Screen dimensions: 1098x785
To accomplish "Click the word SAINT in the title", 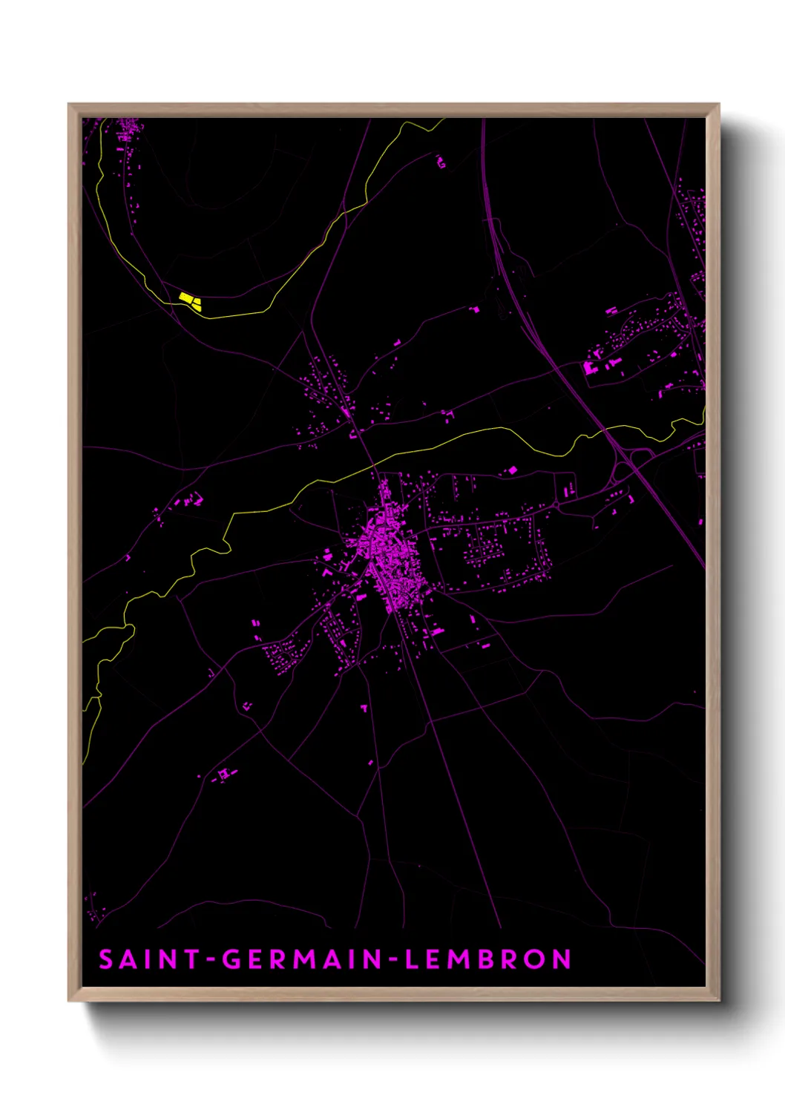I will click(x=151, y=959).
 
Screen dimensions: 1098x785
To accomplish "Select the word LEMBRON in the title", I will click(x=488, y=959).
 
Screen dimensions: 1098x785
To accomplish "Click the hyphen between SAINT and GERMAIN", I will click(x=211, y=961).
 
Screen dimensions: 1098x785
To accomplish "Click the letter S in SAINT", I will click(x=106, y=959).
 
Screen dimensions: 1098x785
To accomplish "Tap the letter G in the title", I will click(x=232, y=959).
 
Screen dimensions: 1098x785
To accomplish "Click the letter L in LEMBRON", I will click(x=412, y=959).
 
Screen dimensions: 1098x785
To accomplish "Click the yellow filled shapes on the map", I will click(x=190, y=300).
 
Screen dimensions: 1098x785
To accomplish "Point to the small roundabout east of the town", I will click(x=556, y=505).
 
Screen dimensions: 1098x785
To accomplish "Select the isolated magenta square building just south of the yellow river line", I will click(x=510, y=470).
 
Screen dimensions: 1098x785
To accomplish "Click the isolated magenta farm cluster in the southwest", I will click(x=223, y=775).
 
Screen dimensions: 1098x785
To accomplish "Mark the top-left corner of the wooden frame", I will click(x=69, y=105).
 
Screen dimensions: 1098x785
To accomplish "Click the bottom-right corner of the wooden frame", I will click(x=719, y=1000).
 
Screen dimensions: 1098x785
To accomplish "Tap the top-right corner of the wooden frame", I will click(x=719, y=105).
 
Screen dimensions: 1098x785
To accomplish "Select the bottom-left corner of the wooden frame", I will click(x=69, y=1000).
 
